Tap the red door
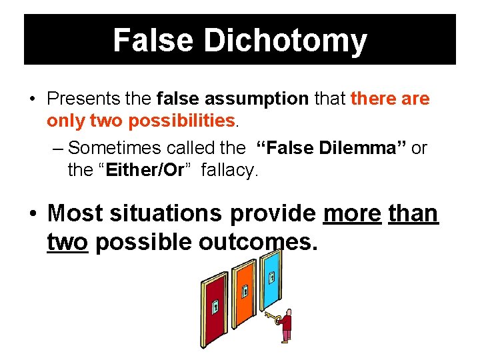coord(216,310)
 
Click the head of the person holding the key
coord(288,313)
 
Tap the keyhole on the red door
coord(215,307)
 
